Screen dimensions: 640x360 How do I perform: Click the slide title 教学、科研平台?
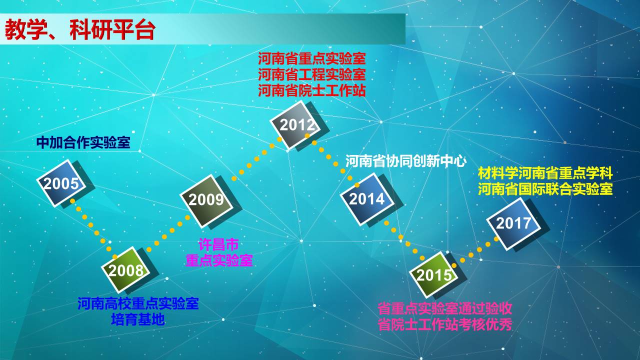click(x=80, y=29)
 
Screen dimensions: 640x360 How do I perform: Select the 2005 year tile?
click(x=61, y=183)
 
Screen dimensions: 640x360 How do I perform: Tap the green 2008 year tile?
click(x=125, y=269)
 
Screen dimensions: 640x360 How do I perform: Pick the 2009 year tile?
click(x=206, y=201)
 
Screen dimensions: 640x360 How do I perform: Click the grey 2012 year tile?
click(x=295, y=124)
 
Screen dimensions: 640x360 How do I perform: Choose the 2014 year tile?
click(x=367, y=199)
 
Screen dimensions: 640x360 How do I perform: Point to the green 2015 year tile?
click(x=433, y=274)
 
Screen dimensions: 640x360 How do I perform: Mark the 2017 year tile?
click(x=513, y=223)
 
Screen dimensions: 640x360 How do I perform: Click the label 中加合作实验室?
click(x=83, y=142)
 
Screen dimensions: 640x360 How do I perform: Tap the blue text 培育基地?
click(x=137, y=319)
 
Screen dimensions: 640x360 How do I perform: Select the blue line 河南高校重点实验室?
click(x=138, y=303)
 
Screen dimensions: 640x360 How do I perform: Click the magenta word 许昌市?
click(x=218, y=244)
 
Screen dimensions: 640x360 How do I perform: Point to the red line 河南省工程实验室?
click(x=311, y=74)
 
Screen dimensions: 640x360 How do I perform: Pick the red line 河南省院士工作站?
click(x=311, y=90)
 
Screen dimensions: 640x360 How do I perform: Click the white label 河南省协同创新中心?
click(x=405, y=161)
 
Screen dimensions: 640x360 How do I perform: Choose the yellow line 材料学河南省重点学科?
click(x=545, y=173)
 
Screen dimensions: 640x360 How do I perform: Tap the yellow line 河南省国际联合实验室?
click(x=545, y=189)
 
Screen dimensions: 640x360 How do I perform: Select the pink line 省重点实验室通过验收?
click(x=445, y=308)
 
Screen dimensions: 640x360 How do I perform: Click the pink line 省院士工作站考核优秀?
click(x=445, y=324)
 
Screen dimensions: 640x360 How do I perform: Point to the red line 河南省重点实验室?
click(x=311, y=58)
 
